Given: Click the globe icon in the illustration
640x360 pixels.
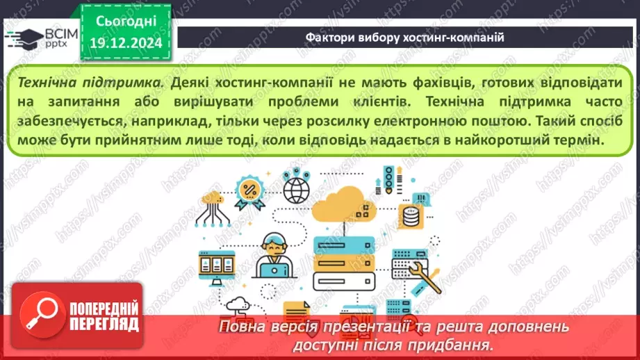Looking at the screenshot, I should (297, 187).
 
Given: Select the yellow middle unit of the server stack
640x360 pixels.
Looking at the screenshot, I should (344, 263).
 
